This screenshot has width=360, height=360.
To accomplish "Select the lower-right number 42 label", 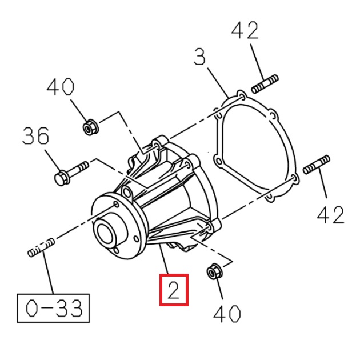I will pos(331,215).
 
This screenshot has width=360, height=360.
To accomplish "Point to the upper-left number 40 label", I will pos(61,87).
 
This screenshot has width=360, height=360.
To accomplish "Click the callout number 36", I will pos(35,137).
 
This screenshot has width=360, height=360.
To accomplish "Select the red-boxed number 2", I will pos(174,290).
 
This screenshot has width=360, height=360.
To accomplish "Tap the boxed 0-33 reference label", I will pos(53,308).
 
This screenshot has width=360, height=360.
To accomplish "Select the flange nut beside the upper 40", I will pos(89,127).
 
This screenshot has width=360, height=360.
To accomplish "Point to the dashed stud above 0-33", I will pos(41,247).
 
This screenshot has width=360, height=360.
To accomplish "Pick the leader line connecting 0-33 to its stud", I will pos(50,274).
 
